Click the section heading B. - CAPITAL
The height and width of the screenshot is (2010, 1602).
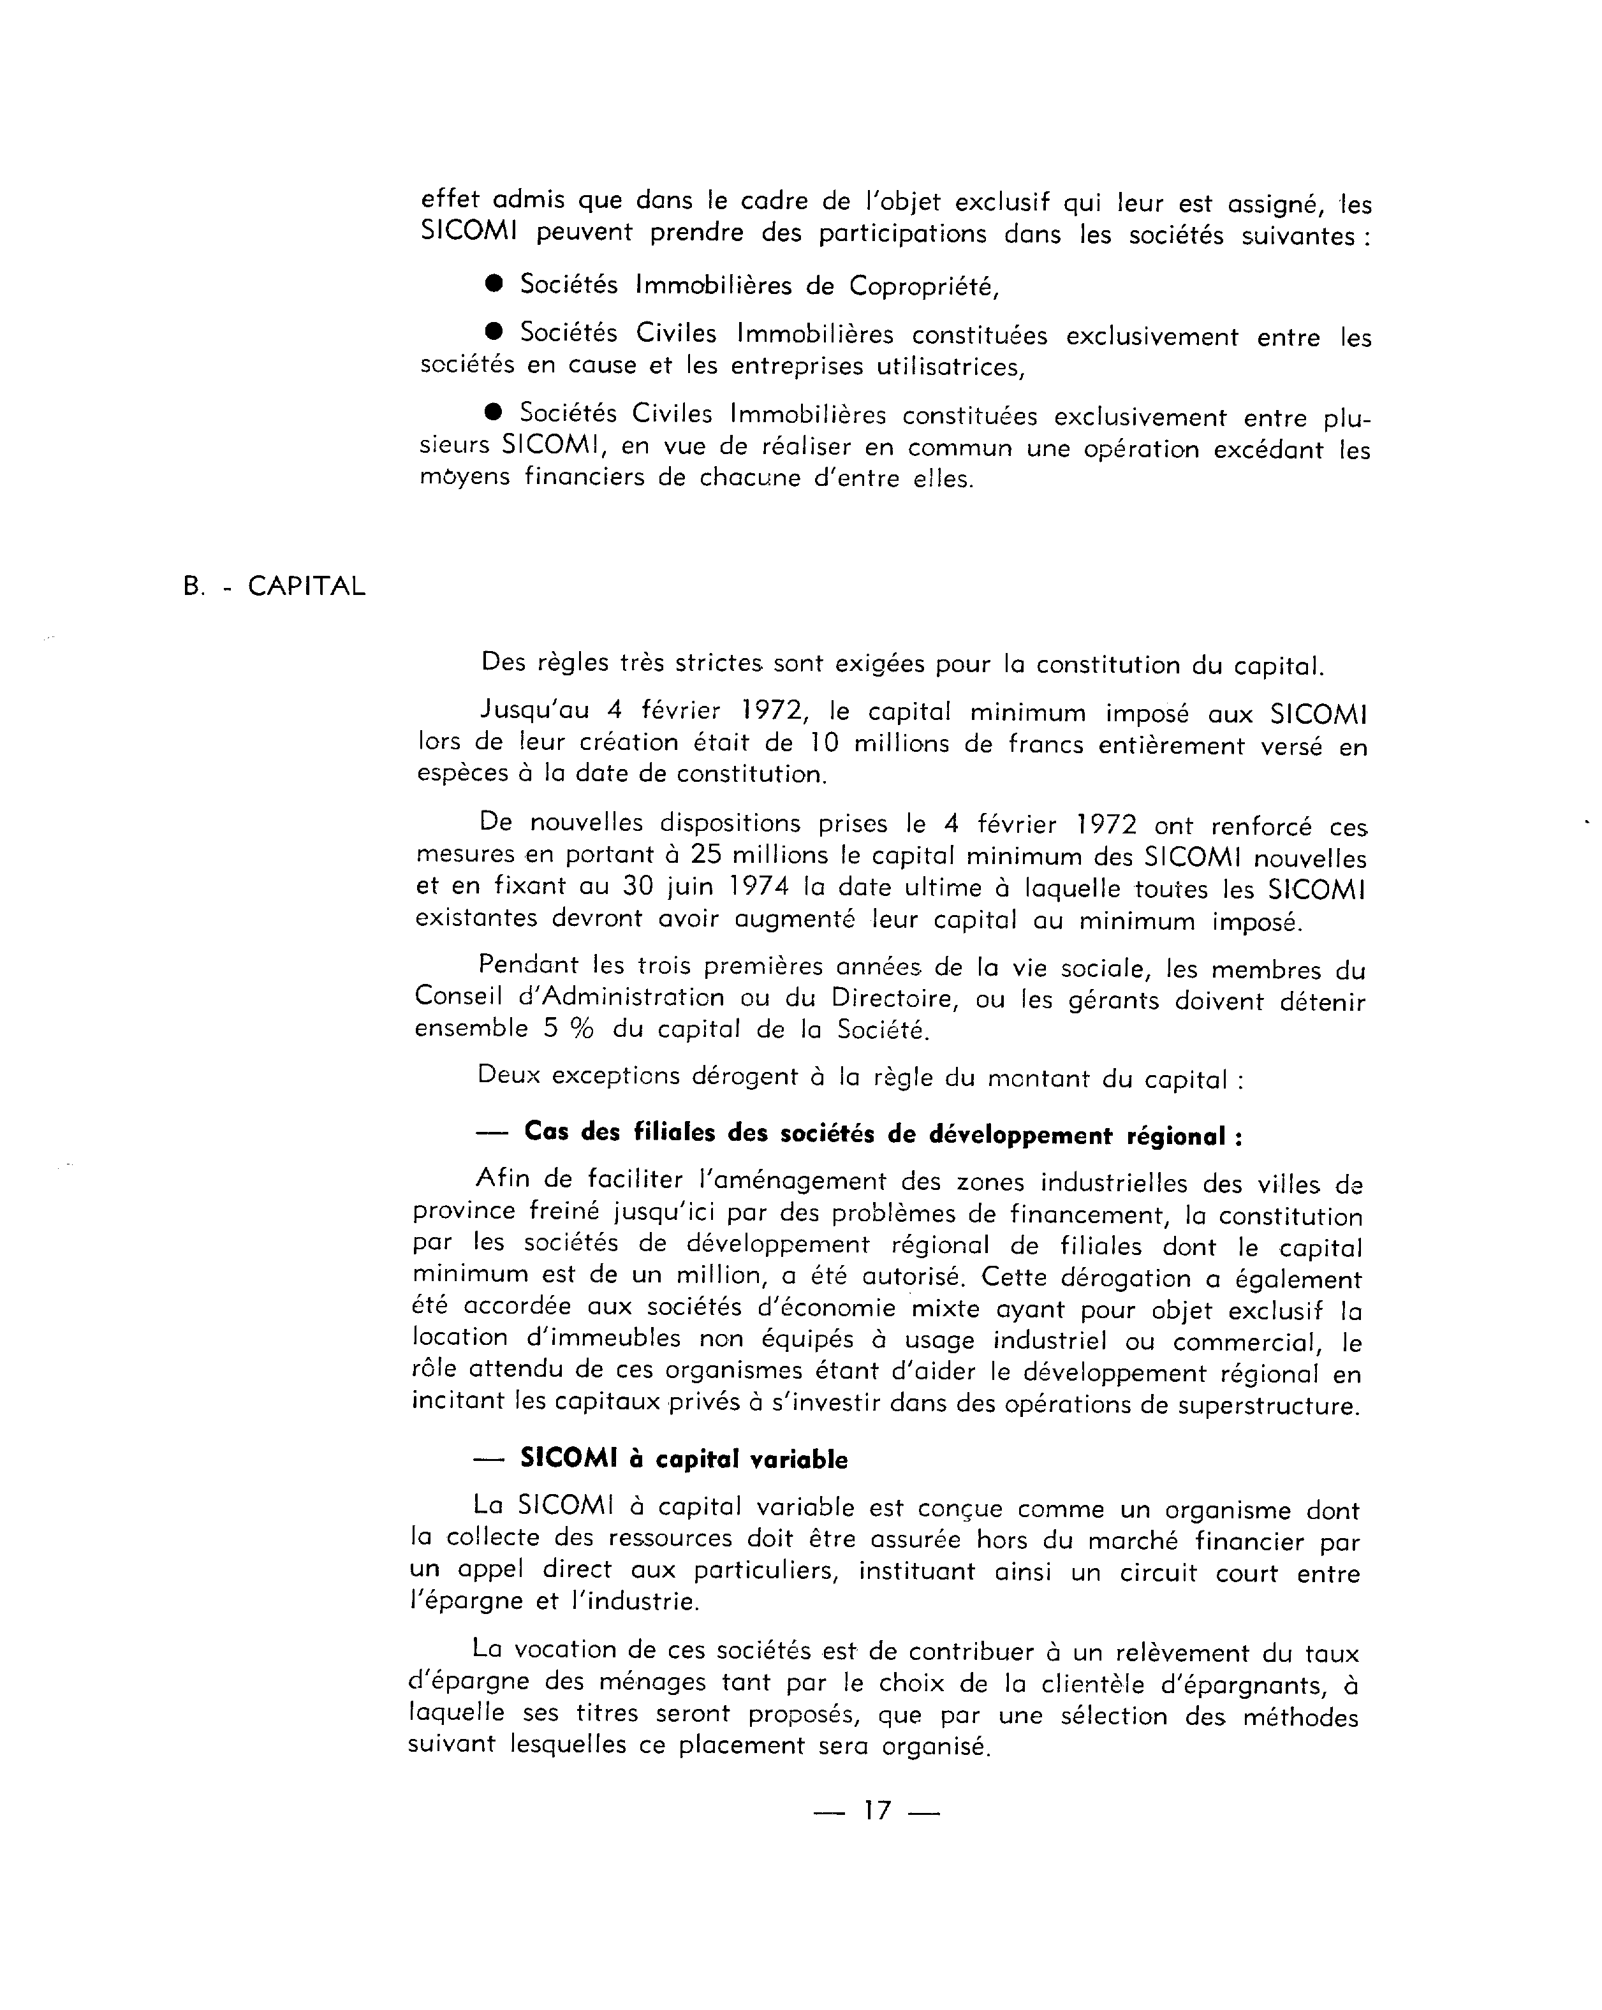coord(274,587)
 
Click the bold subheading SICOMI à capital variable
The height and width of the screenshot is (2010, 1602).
coord(684,1459)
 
